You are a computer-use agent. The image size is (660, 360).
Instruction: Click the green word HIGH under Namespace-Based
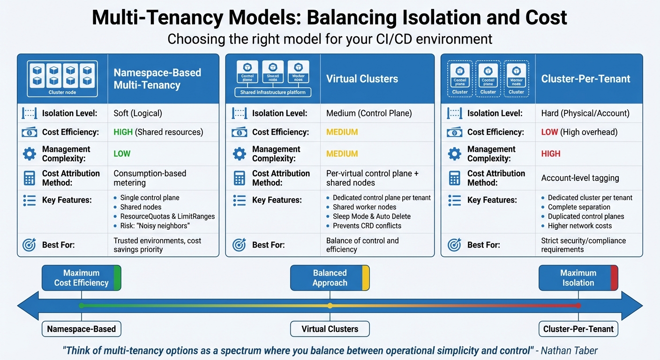click(123, 132)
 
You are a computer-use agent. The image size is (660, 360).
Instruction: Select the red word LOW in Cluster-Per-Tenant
click(549, 132)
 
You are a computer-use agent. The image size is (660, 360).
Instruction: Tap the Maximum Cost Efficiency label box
click(82, 278)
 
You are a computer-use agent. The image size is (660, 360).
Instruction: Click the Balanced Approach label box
click(330, 278)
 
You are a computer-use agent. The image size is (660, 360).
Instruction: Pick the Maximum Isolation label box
click(578, 278)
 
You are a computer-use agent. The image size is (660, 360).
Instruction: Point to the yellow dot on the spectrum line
click(330, 306)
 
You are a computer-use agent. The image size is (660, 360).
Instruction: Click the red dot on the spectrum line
click(578, 306)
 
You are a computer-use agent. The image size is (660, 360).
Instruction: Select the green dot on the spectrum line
click(82, 306)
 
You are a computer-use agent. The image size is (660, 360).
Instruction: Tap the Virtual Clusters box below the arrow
click(330, 329)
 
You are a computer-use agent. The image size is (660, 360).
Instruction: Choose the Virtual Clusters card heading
click(362, 79)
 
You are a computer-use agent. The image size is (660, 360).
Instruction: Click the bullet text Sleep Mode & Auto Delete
click(371, 217)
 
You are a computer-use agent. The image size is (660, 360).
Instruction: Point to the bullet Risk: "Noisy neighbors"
click(155, 226)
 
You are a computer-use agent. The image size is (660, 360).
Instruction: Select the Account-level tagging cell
click(580, 178)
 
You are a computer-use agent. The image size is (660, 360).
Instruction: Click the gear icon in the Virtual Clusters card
click(240, 154)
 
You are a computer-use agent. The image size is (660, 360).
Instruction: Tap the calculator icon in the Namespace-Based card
click(29, 178)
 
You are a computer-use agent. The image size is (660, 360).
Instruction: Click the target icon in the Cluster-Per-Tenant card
click(454, 245)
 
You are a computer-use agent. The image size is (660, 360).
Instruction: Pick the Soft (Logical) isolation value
click(138, 113)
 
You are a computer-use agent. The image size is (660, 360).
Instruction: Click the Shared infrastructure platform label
click(273, 92)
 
